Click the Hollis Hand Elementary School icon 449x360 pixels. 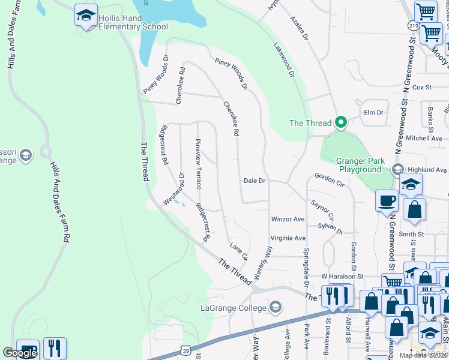pyautogui.click(x=86, y=15)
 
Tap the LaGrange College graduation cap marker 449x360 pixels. pyautogui.click(x=276, y=308)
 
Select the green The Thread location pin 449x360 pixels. pyautogui.click(x=341, y=123)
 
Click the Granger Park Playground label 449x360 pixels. pyautogui.click(x=358, y=165)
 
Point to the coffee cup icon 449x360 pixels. pyautogui.click(x=387, y=200)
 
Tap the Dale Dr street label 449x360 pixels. pyautogui.click(x=255, y=181)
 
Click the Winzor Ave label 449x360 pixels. pyautogui.click(x=288, y=219)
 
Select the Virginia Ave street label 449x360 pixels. pyautogui.click(x=288, y=238)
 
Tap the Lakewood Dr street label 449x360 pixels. pyautogui.click(x=284, y=60)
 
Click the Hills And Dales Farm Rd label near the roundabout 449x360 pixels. pyautogui.click(x=59, y=192)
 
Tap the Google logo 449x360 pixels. pyautogui.click(x=20, y=353)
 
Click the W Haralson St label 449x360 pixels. pyautogui.click(x=342, y=276)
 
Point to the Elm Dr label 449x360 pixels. pyautogui.click(x=373, y=112)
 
